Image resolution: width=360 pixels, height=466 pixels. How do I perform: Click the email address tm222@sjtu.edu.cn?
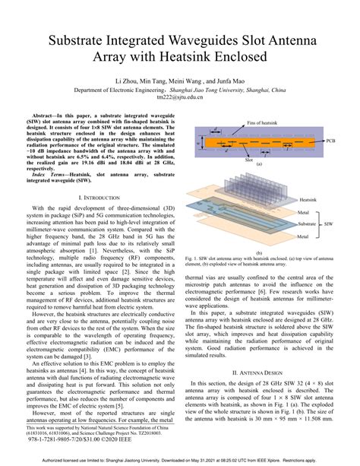click(180, 97)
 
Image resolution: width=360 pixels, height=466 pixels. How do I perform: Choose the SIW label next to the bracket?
click(329, 223)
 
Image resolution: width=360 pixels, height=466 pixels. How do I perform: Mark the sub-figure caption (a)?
click(259, 164)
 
